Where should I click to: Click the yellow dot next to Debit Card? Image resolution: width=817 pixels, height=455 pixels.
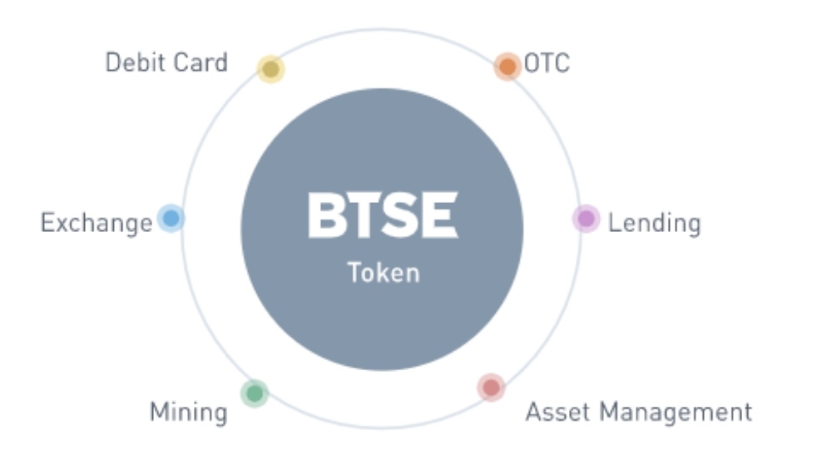tap(271, 69)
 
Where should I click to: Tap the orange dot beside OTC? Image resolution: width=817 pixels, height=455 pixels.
tap(508, 67)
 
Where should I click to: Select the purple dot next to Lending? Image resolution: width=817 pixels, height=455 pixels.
tap(587, 219)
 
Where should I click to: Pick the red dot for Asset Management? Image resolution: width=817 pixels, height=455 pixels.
tap(492, 388)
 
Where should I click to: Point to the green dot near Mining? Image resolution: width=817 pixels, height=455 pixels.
tap(255, 393)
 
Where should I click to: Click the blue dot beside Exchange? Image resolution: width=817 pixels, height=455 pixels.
tap(171, 219)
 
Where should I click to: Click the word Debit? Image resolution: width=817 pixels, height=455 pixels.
tap(134, 62)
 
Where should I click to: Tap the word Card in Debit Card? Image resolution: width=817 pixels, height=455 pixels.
tap(201, 62)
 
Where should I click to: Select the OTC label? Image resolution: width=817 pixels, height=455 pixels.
tap(547, 63)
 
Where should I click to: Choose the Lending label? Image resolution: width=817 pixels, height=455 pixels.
tap(655, 224)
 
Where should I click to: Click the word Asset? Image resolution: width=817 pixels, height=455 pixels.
tap(557, 412)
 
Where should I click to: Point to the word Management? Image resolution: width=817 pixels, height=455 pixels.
tap(676, 413)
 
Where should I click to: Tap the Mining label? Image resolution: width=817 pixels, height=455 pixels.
tap(189, 413)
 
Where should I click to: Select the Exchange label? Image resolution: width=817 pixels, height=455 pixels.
tap(97, 224)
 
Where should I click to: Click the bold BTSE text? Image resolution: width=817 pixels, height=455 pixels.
tap(383, 215)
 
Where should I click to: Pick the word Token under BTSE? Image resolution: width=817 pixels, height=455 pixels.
tap(384, 273)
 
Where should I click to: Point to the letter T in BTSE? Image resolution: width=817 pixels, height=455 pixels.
tap(364, 215)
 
